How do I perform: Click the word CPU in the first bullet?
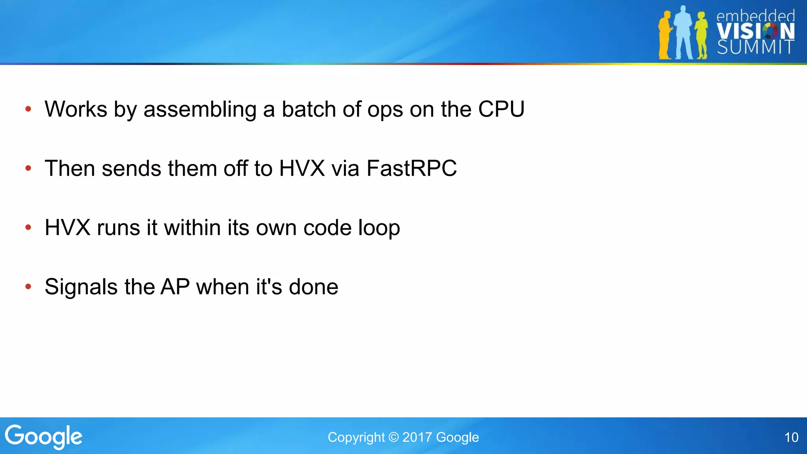pos(501,109)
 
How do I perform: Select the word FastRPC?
pos(411,168)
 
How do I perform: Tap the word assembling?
pos(200,110)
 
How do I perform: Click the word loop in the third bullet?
pos(379,228)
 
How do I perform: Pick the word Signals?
pos(81,287)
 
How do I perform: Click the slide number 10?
pos(791,437)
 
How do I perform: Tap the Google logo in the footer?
pos(43,437)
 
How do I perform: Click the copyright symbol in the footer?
pos(393,437)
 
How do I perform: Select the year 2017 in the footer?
pos(417,437)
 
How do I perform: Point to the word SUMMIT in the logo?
pos(755,48)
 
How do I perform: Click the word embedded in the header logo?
pos(755,16)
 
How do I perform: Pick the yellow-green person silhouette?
pos(701,35)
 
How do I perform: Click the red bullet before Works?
pos(28,109)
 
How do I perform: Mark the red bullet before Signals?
pos(28,287)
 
